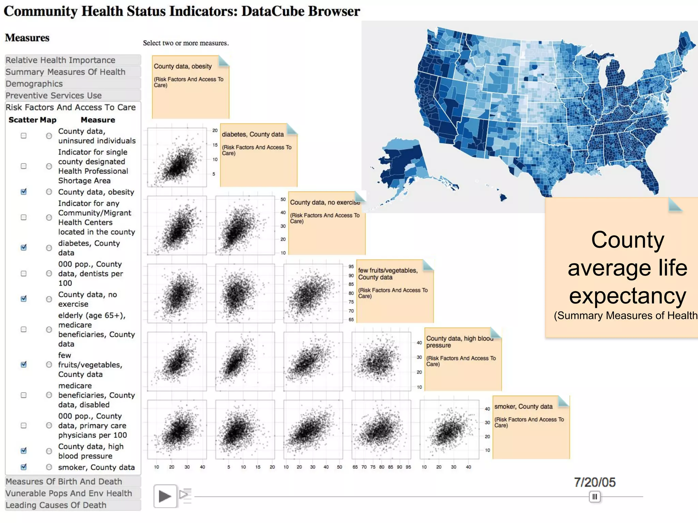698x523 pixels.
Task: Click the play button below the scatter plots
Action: click(165, 496)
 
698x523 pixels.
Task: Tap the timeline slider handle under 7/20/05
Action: click(595, 497)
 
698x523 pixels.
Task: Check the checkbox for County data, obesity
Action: click(24, 192)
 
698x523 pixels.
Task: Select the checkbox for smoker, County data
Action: click(24, 467)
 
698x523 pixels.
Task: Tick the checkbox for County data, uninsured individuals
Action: click(24, 136)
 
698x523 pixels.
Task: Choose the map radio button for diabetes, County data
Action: click(49, 248)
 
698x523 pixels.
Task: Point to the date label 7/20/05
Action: click(595, 482)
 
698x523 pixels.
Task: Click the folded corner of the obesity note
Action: click(224, 61)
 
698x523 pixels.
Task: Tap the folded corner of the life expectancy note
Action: click(675, 205)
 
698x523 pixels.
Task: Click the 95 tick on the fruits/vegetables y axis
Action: click(351, 267)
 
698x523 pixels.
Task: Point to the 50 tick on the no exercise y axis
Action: click(283, 200)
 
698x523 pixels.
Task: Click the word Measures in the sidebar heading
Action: click(27, 38)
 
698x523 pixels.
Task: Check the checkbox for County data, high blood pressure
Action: click(24, 451)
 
